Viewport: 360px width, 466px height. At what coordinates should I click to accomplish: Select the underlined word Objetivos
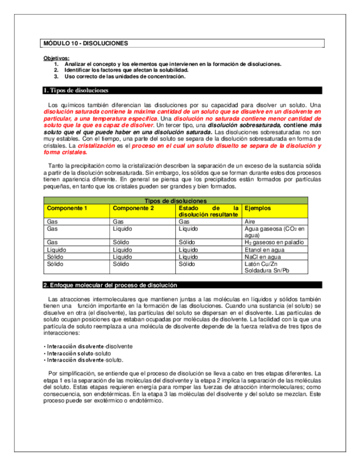pyautogui.click(x=56, y=58)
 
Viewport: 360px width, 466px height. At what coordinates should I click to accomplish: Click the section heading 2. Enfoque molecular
pyautogui.click(x=110, y=285)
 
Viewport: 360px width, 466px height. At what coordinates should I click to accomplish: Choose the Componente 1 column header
pyautogui.click(x=67, y=208)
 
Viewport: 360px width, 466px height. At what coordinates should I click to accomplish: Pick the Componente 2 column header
pyautogui.click(x=133, y=208)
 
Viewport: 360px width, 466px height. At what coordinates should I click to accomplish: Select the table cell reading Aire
pyautogui.click(x=250, y=221)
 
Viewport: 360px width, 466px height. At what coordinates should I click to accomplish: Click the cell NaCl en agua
pyautogui.click(x=262, y=257)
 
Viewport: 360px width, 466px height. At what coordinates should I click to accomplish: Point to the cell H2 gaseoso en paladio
pyautogui.click(x=274, y=242)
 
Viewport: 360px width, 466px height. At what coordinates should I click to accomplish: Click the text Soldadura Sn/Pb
pyautogui.click(x=267, y=270)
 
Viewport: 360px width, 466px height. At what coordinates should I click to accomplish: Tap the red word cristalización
pyautogui.click(x=96, y=146)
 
